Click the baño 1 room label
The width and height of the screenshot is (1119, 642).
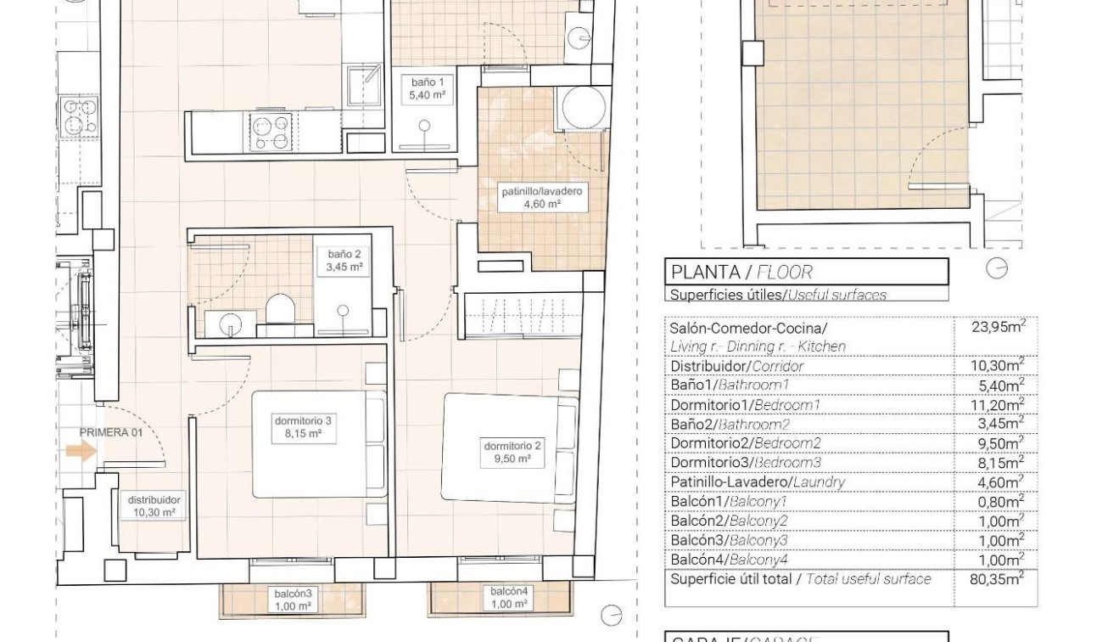coord(428,89)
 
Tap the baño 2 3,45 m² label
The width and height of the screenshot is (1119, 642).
coord(344,260)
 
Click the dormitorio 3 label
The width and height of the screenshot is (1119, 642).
coord(303,427)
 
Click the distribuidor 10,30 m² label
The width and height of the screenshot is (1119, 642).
coord(154,506)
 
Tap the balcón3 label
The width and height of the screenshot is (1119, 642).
coord(293,600)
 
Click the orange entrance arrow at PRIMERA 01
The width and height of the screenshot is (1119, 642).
coord(81,450)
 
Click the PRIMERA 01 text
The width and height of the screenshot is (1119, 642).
coord(110,432)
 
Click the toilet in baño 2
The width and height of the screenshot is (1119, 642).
coord(279,309)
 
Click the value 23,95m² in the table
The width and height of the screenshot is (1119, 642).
coord(999,327)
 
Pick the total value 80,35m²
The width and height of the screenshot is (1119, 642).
coord(997,579)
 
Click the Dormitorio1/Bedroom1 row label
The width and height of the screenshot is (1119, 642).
coord(745,405)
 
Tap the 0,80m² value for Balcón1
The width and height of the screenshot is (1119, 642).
coord(1000,501)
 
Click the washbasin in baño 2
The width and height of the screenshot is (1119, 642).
coord(228,324)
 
